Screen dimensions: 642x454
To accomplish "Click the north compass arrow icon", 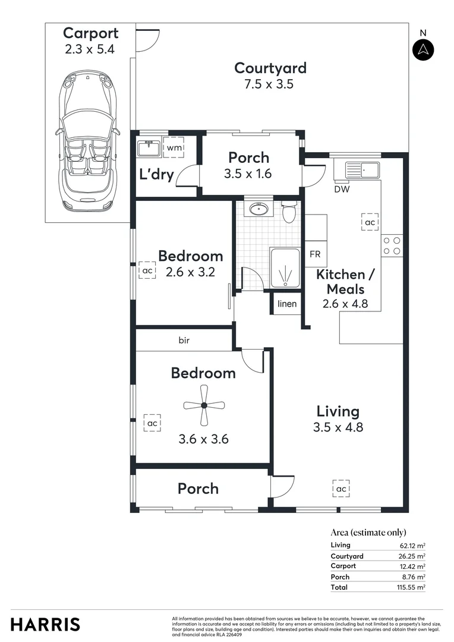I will pyautogui.click(x=423, y=49).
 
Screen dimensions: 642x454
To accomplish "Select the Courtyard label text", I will pyautogui.click(x=270, y=68).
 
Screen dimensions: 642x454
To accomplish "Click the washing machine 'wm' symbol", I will pyautogui.click(x=174, y=147).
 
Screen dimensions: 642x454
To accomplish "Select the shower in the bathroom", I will pyautogui.click(x=285, y=268).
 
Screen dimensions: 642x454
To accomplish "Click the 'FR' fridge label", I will pyautogui.click(x=315, y=254).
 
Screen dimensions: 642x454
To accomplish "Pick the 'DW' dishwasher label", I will pyautogui.click(x=342, y=190).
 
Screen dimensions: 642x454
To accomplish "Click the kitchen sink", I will pyautogui.click(x=357, y=170).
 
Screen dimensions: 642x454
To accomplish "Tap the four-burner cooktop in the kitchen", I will pyautogui.click(x=392, y=246).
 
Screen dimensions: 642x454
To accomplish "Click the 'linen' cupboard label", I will pyautogui.click(x=287, y=304).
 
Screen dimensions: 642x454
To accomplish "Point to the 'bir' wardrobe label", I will pyautogui.click(x=184, y=341).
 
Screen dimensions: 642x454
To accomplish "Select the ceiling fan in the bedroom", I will pyautogui.click(x=204, y=405).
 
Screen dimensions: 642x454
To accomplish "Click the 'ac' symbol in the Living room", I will pyautogui.click(x=340, y=489).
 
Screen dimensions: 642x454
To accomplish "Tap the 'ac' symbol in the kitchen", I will pyautogui.click(x=370, y=222).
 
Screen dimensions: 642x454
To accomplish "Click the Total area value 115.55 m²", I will pyautogui.click(x=412, y=587).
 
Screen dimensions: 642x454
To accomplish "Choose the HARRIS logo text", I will pyautogui.click(x=45, y=624).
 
